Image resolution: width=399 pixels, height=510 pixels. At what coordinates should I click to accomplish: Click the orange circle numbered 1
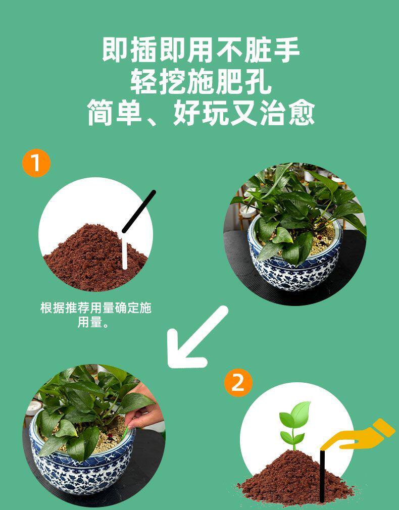[x=36, y=163]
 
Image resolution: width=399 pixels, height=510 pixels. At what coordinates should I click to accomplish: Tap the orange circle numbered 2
[x=238, y=383]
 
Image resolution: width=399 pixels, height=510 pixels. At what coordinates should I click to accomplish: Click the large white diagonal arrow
[x=195, y=338]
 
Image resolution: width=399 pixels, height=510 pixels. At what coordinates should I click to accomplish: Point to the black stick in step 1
[x=139, y=212]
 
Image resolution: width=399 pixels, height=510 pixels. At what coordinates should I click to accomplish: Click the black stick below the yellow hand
[x=322, y=475]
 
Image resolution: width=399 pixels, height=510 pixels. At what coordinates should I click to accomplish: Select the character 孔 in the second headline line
[x=257, y=81]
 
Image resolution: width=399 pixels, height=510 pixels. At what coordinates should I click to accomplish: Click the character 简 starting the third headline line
[x=101, y=113]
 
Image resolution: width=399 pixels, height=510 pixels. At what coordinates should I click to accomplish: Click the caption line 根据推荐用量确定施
[x=95, y=308]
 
